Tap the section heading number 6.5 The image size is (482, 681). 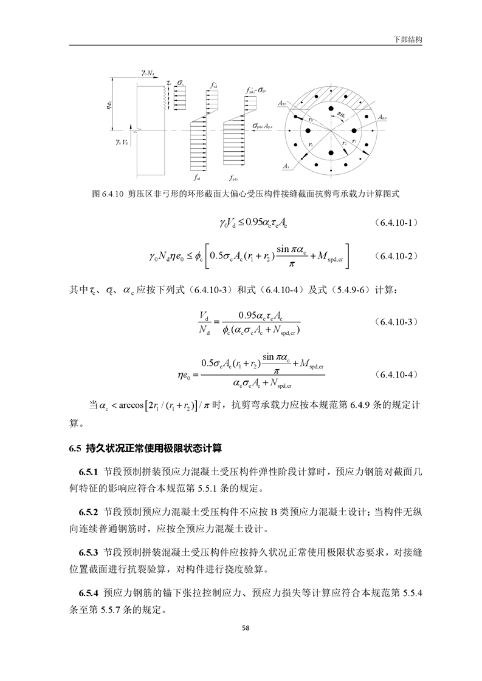point(75,449)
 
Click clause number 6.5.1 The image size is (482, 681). point(89,471)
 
